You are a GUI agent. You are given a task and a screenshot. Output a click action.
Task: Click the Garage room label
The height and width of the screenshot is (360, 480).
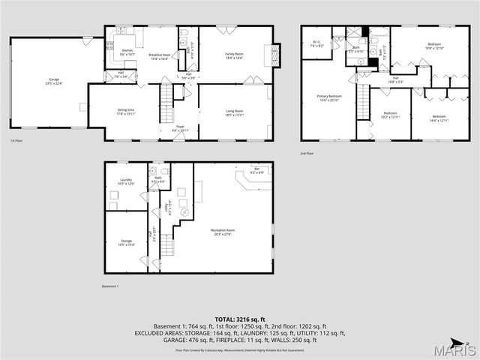coord(54,81)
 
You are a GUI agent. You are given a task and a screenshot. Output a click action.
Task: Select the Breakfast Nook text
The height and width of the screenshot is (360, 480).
coord(159,55)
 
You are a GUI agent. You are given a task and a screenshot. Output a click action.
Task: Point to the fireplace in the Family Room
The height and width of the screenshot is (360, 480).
coord(274,53)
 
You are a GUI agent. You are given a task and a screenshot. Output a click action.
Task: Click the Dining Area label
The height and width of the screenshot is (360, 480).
coord(126,112)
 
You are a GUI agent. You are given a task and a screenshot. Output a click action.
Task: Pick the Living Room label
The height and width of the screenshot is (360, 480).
coord(235,112)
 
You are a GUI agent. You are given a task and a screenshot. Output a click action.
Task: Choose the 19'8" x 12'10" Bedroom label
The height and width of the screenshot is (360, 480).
coord(434,46)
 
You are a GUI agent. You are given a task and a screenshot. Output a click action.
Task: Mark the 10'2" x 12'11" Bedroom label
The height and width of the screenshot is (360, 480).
coord(391,116)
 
